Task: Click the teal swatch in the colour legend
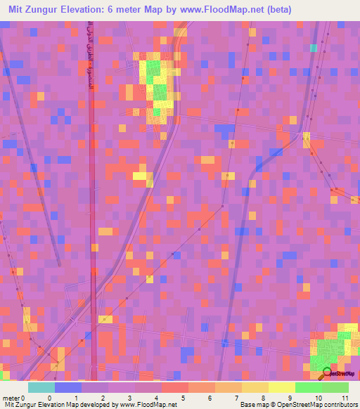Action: pyautogui.click(x=41, y=387)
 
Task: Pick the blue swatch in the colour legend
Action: pyautogui.click(x=68, y=387)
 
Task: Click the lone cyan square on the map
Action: pyautogui.click(x=314, y=48)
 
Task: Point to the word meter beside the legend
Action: pyautogui.click(x=11, y=398)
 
